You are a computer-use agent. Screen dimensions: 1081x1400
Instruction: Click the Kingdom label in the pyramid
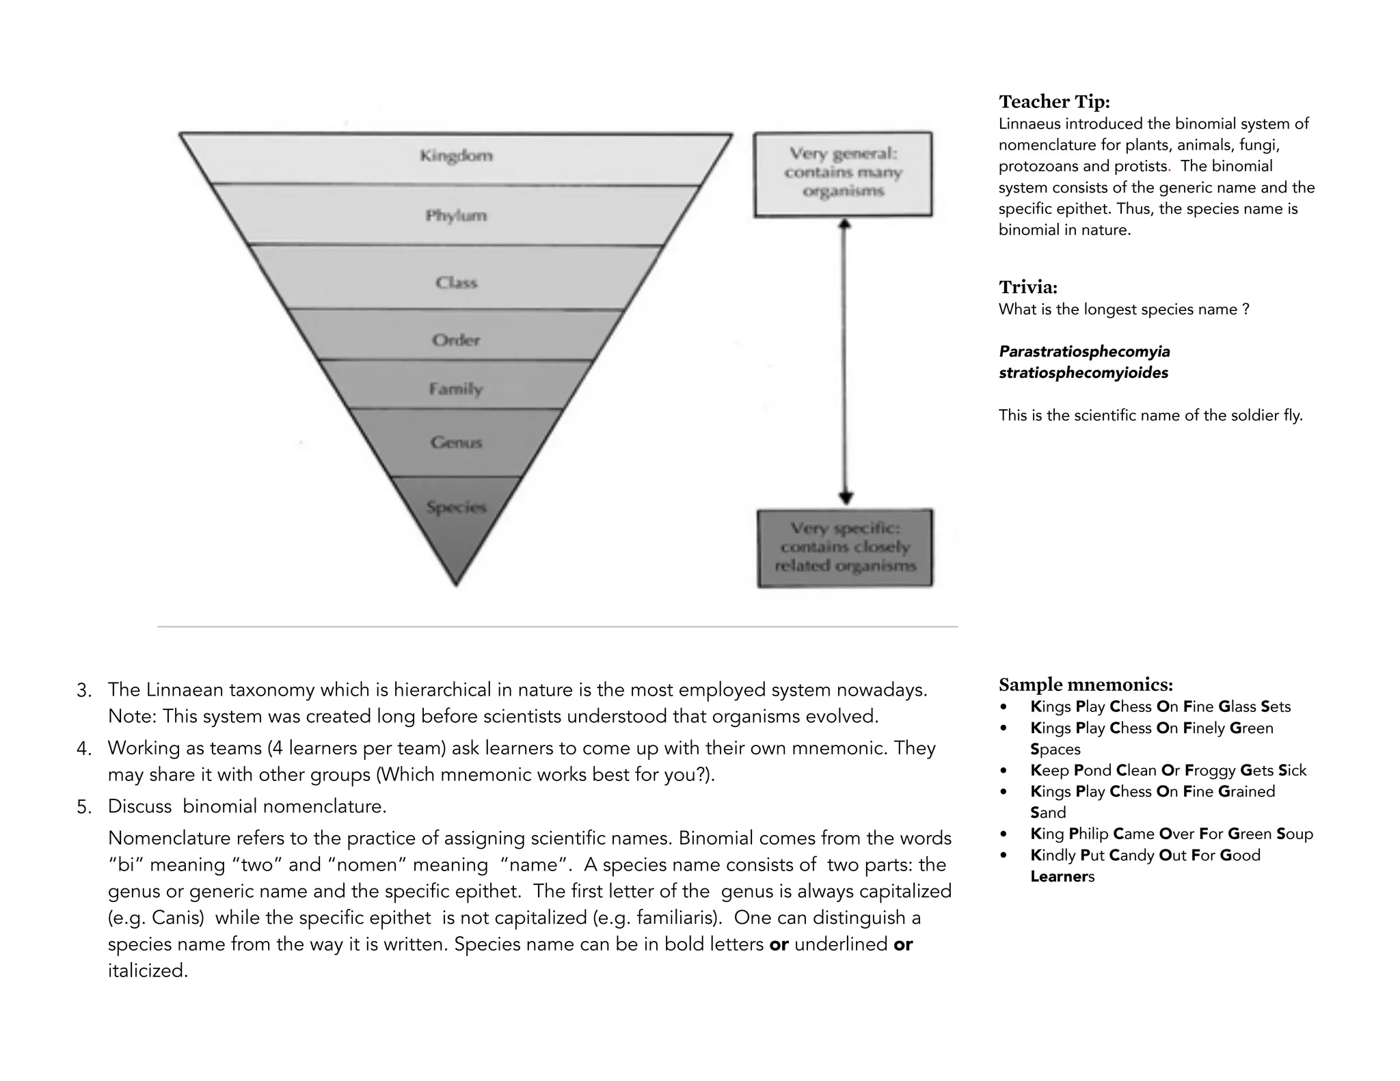[456, 156]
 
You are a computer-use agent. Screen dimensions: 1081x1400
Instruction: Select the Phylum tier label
[456, 216]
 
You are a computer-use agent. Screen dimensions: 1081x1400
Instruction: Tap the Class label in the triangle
[456, 282]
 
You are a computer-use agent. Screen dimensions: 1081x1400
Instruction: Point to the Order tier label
[456, 340]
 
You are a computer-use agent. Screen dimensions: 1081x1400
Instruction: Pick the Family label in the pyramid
[456, 389]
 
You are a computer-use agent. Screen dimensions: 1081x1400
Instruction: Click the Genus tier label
[456, 442]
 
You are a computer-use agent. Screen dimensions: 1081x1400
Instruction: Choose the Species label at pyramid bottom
[456, 507]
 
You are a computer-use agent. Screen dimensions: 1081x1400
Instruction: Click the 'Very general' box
[843, 174]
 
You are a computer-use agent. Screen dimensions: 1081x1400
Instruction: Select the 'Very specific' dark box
[845, 547]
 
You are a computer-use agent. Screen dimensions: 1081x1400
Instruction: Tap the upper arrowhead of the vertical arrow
[845, 224]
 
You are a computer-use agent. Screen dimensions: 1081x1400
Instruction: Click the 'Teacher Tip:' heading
[1054, 102]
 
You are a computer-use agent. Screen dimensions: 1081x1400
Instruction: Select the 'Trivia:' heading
[1027, 287]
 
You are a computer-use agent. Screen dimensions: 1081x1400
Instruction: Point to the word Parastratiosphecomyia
[1084, 352]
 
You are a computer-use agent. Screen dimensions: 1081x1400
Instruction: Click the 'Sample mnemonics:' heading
[1086, 685]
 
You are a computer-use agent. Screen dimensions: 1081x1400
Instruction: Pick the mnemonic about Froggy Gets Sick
[1168, 771]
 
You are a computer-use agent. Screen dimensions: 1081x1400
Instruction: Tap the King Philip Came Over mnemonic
[1171, 834]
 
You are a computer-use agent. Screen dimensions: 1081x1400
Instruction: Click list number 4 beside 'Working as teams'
[84, 749]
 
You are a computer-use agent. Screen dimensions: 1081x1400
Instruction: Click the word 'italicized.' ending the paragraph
[148, 971]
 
